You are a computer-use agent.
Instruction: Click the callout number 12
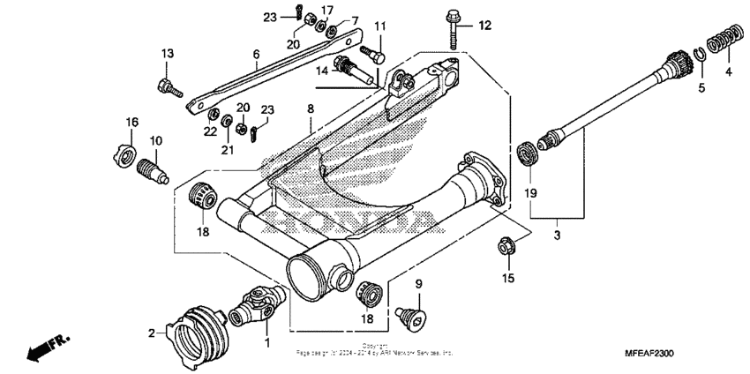coord(484,25)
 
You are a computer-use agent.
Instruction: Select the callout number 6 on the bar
coord(256,53)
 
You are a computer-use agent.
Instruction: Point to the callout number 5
coord(702,87)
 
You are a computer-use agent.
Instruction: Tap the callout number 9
coord(419,283)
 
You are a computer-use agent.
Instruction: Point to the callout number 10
coord(155,141)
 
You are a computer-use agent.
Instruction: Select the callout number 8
coord(311,108)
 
